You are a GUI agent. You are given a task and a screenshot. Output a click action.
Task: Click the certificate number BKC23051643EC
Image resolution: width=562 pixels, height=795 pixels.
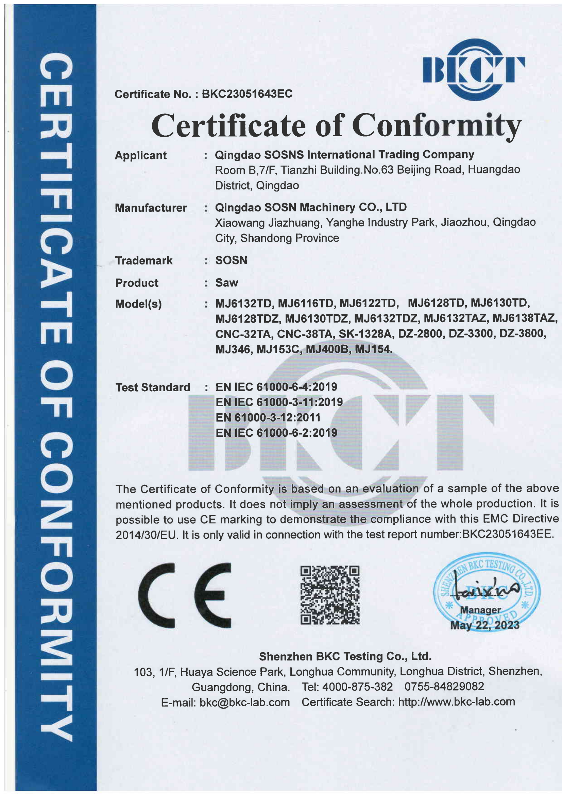(x=247, y=94)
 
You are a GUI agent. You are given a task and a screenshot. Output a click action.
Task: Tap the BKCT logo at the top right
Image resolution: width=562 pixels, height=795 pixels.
(x=473, y=70)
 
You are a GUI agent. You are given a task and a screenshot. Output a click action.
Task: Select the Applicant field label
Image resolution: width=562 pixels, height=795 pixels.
(x=141, y=155)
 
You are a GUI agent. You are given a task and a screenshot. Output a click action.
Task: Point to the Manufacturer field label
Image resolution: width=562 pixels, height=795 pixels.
(x=151, y=208)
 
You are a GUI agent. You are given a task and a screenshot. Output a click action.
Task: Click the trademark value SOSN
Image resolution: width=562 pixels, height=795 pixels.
(x=231, y=260)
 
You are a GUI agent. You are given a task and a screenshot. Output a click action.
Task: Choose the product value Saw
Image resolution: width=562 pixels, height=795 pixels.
(x=226, y=282)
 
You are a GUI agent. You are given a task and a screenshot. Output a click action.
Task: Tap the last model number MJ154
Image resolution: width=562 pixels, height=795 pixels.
(x=373, y=349)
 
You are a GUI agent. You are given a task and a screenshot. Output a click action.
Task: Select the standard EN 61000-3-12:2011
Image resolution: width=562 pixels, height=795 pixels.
(x=268, y=417)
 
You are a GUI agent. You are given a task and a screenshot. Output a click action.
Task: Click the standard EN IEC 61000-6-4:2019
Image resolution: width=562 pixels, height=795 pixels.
(x=276, y=387)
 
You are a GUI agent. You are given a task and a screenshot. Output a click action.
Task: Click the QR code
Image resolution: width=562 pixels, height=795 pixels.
(x=330, y=595)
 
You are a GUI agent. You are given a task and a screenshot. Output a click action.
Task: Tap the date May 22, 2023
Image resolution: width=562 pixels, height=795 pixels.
(x=484, y=625)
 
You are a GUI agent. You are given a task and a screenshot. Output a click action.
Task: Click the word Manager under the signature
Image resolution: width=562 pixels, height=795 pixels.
(x=480, y=610)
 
